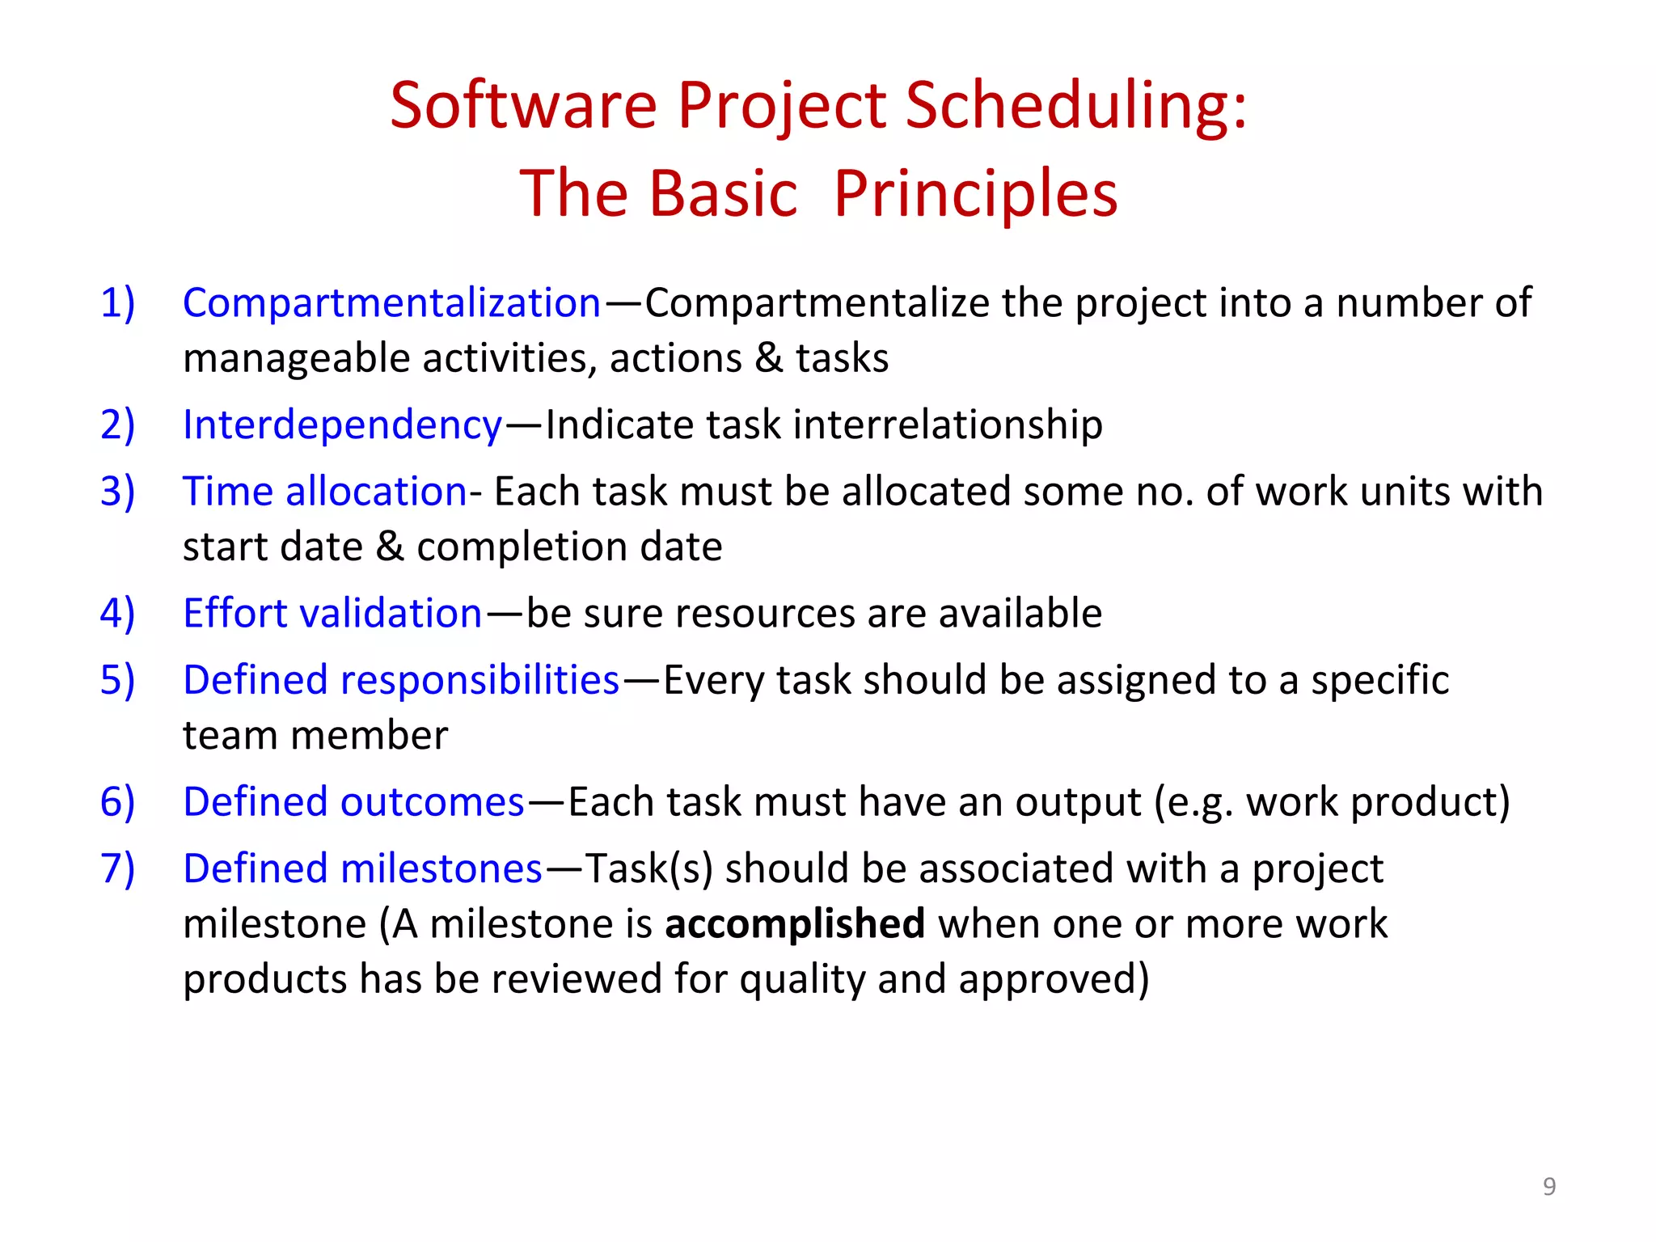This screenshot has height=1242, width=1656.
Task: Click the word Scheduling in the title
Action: (x=1075, y=106)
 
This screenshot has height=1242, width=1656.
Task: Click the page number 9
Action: (x=1548, y=1186)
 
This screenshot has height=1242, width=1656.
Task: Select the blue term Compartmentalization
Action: (x=391, y=303)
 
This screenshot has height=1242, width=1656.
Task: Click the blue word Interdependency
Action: (x=342, y=425)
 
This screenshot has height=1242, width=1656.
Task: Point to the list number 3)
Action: (x=117, y=492)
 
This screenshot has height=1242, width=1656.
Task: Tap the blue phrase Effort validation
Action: (x=332, y=613)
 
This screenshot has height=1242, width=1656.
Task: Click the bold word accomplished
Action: (x=794, y=923)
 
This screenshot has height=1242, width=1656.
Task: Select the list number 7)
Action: (x=117, y=868)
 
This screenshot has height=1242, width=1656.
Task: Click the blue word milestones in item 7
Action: (x=441, y=868)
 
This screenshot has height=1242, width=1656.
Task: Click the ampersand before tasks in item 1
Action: (x=769, y=358)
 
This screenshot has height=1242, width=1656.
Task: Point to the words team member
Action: (x=315, y=736)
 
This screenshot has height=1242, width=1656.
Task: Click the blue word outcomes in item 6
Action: (x=433, y=802)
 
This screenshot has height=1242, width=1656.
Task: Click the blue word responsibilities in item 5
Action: (x=479, y=680)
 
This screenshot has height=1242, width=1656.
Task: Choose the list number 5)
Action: (x=117, y=680)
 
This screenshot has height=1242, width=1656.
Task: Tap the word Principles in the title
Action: (x=975, y=194)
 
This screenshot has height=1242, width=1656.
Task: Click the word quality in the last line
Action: (x=801, y=979)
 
